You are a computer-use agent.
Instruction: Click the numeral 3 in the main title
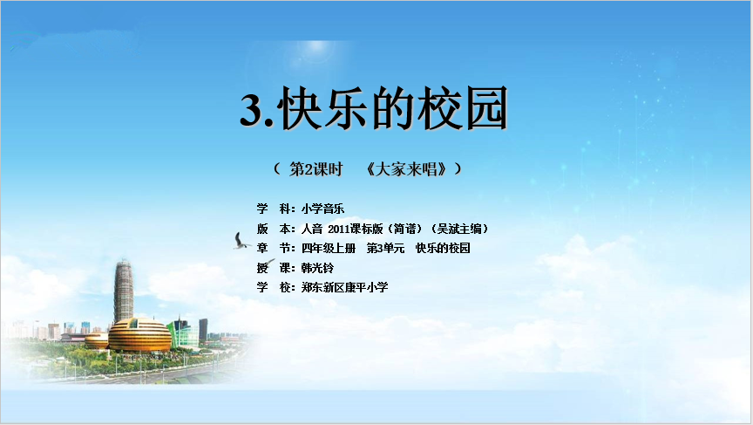tap(251, 110)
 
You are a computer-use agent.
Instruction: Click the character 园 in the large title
tap(485, 108)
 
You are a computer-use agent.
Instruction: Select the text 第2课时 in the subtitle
tap(316, 169)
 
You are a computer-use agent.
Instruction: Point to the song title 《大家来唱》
tap(407, 169)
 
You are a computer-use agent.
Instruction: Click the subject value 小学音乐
tap(322, 209)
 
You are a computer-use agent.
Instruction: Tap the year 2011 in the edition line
tap(339, 229)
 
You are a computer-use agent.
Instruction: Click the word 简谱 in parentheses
tap(405, 229)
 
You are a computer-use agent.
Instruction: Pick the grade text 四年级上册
tap(329, 248)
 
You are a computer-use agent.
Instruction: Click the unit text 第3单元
tap(385, 248)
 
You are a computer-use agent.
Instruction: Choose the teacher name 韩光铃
tap(317, 268)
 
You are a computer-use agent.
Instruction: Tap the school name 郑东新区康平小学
tap(345, 287)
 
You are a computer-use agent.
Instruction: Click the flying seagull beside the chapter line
tap(241, 242)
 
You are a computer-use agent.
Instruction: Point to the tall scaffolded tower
tap(124, 291)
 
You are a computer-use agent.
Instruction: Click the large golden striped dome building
tap(139, 334)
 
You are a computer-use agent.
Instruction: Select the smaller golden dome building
tap(97, 340)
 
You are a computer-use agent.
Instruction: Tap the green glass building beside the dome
tap(183, 332)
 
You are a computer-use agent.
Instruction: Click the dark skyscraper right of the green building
tap(203, 330)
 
